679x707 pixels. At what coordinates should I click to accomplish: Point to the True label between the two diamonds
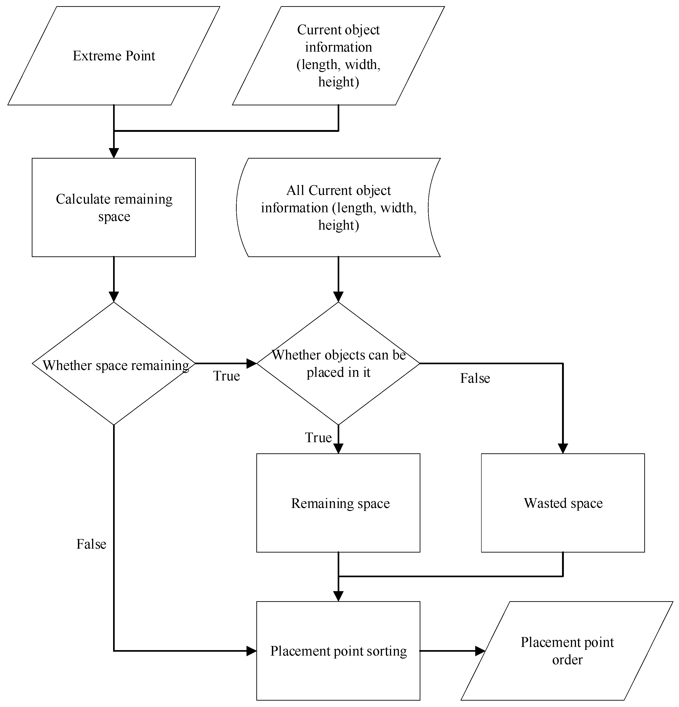[226, 376]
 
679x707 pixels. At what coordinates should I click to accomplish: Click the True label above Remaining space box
[318, 438]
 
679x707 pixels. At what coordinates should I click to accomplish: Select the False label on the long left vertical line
[91, 544]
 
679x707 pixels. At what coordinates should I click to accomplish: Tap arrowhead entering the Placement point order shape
[480, 651]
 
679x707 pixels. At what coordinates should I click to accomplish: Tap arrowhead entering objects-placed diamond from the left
[251, 363]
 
